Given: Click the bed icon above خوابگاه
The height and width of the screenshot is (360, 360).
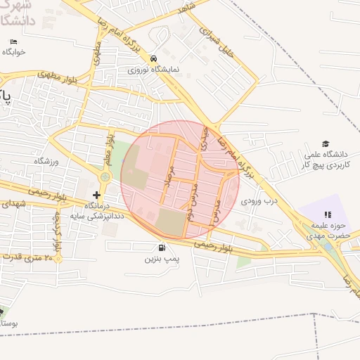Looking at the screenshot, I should coord(15,41).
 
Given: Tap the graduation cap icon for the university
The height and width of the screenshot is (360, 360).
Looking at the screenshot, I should coord(325,143).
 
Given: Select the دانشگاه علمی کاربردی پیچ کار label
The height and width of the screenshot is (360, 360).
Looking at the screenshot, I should coord(325,158).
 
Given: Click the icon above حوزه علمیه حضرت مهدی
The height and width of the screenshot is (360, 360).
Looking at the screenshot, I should coord(326,214).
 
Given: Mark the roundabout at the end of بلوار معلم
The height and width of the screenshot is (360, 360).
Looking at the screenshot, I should coord(105,177).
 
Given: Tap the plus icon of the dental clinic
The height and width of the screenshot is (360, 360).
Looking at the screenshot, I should coord(97,194).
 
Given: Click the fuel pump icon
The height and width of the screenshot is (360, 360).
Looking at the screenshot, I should coord(162,247).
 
